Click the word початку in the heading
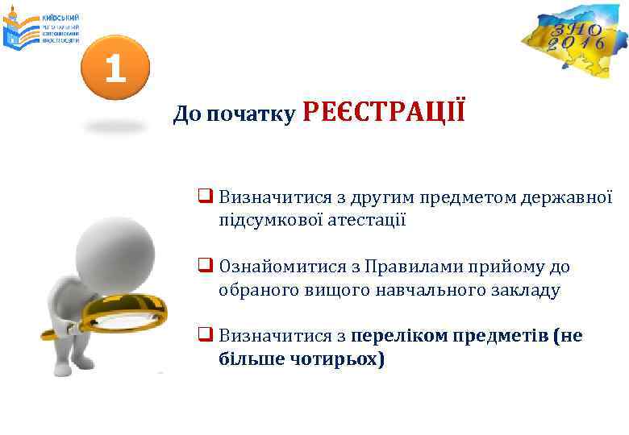click(250, 115)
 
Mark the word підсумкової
click(270, 220)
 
